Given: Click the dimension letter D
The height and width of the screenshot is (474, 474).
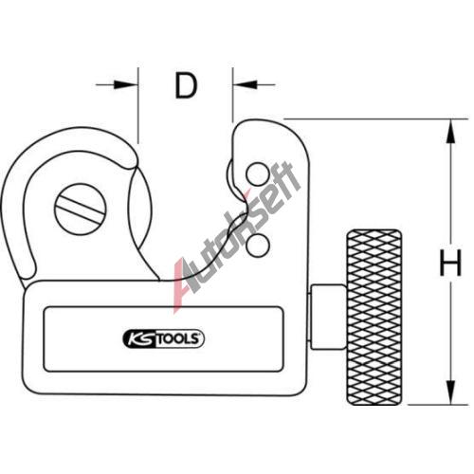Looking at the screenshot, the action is (x=187, y=85).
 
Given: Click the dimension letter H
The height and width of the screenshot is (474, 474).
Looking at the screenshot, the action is (x=450, y=263).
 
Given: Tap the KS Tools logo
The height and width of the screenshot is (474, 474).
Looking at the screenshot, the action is (x=163, y=338).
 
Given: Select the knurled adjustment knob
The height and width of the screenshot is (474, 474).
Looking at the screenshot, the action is (x=374, y=318).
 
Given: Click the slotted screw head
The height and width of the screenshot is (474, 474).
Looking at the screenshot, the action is (x=81, y=210).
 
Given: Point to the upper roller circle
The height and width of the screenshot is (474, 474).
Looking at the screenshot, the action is (x=258, y=174).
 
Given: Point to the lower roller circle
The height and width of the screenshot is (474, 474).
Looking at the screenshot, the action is (x=258, y=246).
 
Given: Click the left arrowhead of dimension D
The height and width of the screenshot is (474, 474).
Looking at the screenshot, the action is (x=126, y=84).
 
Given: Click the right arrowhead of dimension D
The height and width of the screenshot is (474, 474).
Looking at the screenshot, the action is (x=245, y=84).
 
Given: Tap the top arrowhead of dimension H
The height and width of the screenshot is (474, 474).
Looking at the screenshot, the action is (x=451, y=132).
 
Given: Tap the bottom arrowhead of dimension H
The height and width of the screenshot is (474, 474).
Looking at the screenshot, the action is (x=451, y=392).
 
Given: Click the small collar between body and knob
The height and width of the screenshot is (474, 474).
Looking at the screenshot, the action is (x=328, y=317).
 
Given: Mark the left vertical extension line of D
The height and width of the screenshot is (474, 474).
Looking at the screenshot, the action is (x=138, y=105).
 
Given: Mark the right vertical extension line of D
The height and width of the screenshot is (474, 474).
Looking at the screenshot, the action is (x=232, y=95).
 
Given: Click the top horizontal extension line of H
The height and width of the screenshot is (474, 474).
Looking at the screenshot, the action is (x=376, y=119).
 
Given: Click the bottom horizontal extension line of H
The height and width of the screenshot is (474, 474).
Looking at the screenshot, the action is (x=438, y=405).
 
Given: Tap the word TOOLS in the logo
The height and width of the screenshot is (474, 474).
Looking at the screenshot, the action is (x=178, y=339).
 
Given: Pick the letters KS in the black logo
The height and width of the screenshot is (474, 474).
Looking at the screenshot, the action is (x=140, y=339).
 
